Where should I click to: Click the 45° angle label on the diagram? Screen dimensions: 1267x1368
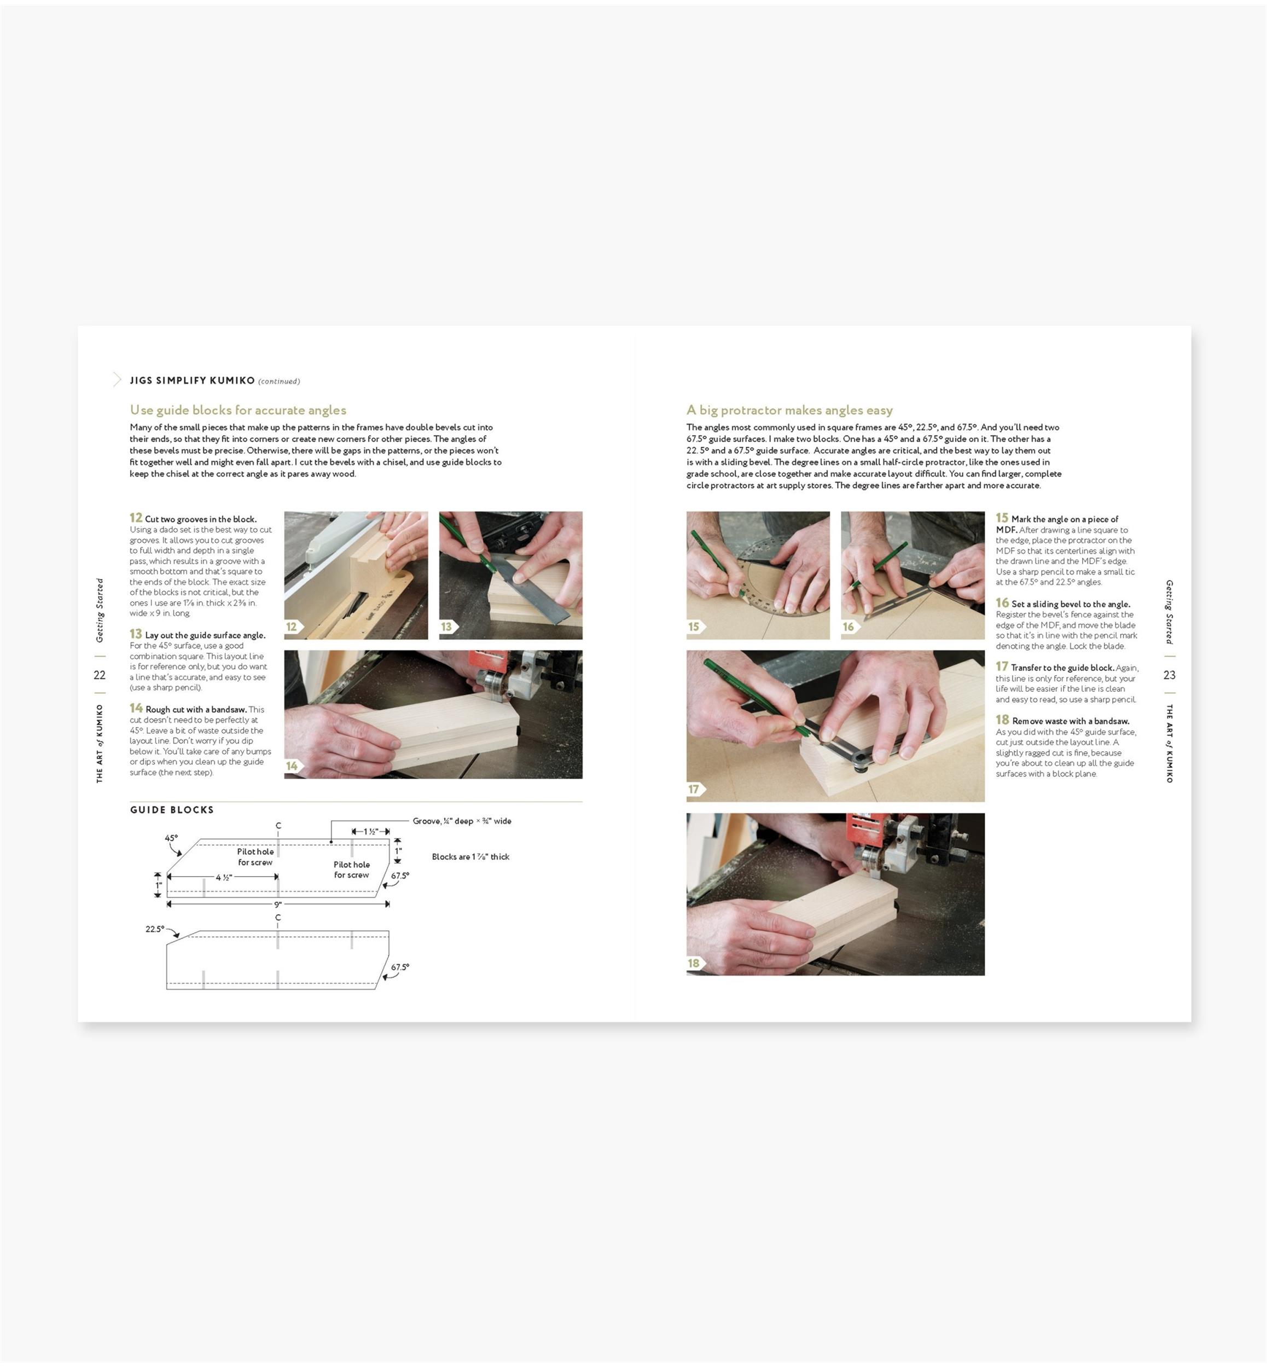tap(171, 838)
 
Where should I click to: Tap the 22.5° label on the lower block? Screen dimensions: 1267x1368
tap(155, 929)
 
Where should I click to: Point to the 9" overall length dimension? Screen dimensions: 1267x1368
tap(278, 905)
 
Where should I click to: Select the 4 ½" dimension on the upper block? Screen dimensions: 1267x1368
tap(224, 877)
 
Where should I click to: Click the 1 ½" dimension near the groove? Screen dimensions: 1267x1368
tap(371, 831)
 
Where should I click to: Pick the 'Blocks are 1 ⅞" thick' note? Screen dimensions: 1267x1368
tap(470, 856)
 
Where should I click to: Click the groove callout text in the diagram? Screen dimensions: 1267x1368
tap(462, 821)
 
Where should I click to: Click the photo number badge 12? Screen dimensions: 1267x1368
tap(293, 627)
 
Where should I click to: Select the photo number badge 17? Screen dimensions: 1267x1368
tap(695, 789)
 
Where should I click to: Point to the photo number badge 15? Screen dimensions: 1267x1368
tap(695, 627)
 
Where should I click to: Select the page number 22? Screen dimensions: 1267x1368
tap(100, 675)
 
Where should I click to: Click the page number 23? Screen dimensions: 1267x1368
tap(1170, 675)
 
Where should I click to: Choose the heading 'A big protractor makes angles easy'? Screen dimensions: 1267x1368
tap(790, 410)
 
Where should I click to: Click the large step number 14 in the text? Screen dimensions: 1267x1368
tap(136, 708)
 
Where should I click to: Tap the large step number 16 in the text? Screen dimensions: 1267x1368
tap(1002, 603)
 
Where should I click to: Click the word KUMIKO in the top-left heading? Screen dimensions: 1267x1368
tap(233, 380)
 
